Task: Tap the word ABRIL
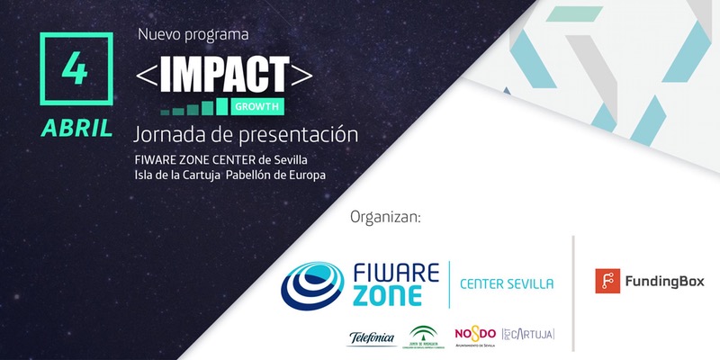76,128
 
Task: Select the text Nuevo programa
193,34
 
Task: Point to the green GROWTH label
256,107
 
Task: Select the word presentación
307,134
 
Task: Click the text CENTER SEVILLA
507,284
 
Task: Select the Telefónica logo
371,338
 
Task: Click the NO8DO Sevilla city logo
476,335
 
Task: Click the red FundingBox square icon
607,281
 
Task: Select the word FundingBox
666,282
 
